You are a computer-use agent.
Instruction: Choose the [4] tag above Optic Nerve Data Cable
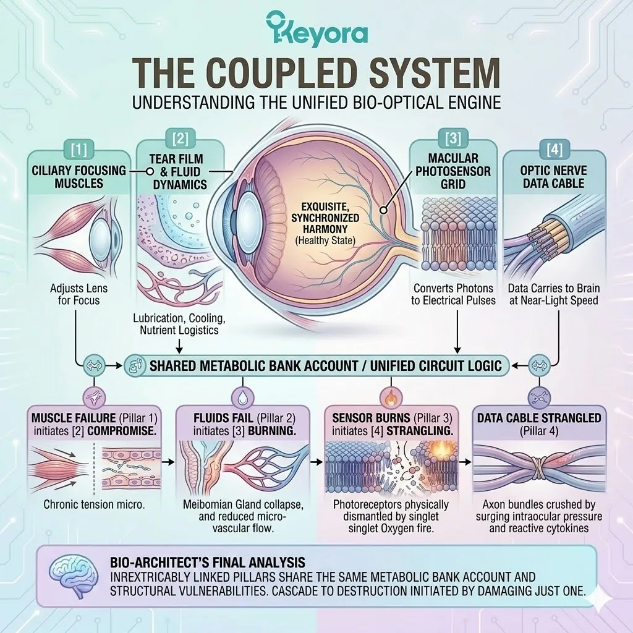coord(554,148)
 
